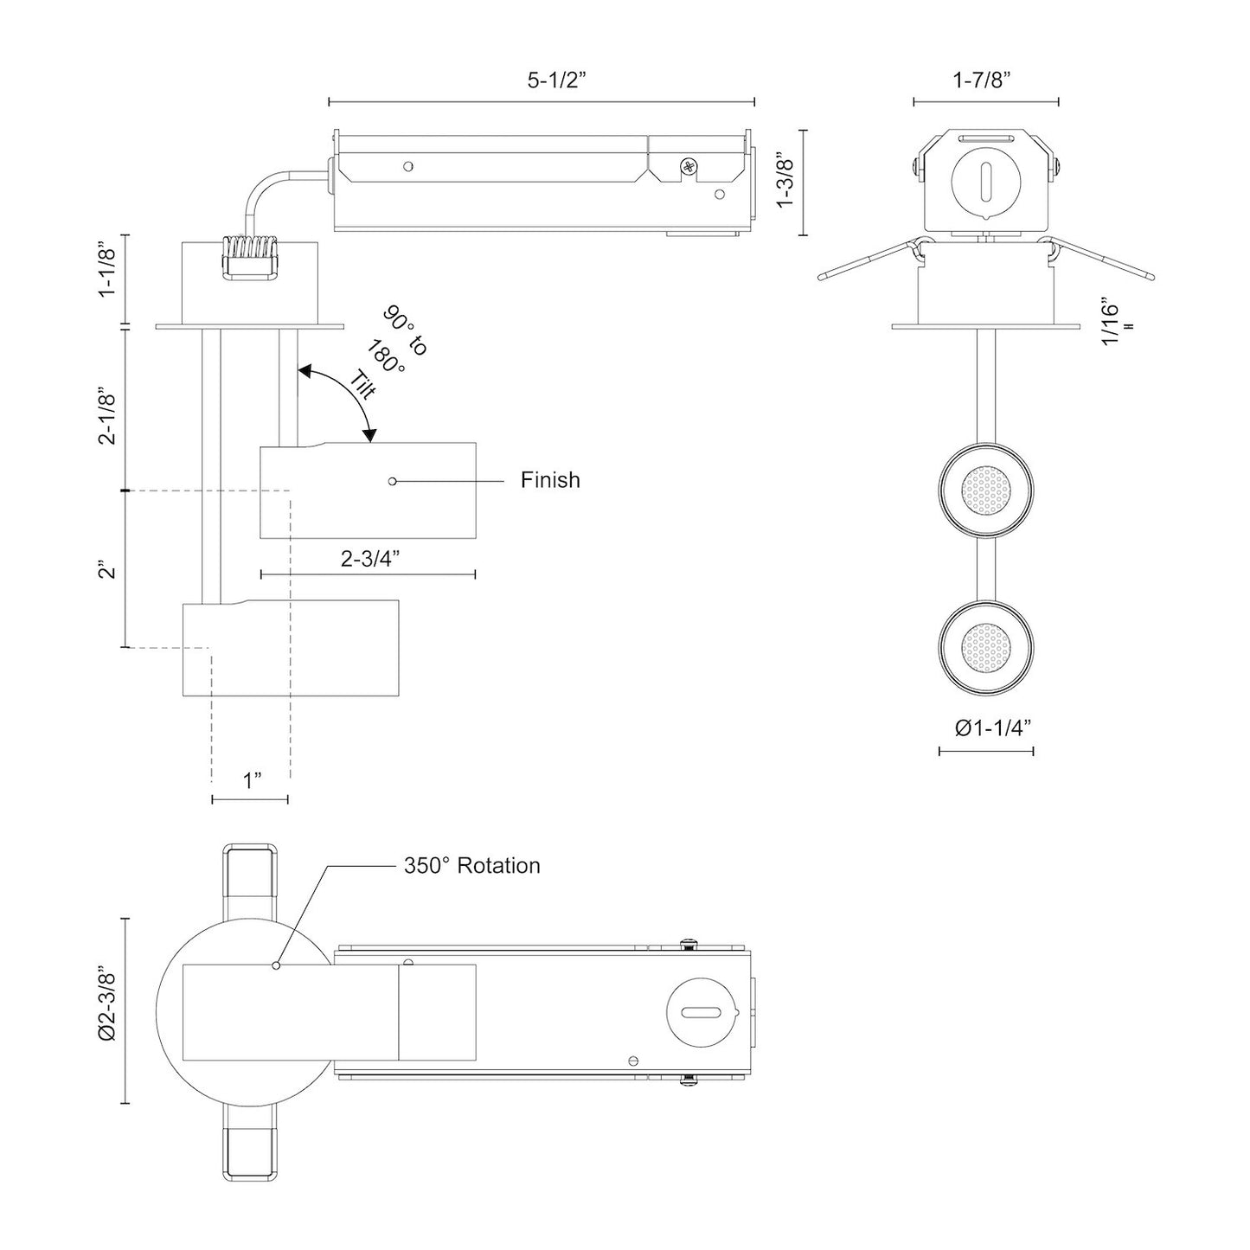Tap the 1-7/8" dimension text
tap(982, 80)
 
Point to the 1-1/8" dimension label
tap(107, 272)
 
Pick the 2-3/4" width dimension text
tap(369, 559)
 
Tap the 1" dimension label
tap(252, 781)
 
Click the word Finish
tap(550, 480)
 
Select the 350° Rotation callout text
tap(471, 866)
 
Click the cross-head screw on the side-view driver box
tap(689, 165)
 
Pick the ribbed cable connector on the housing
tap(248, 258)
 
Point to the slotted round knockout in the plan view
tap(700, 1012)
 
